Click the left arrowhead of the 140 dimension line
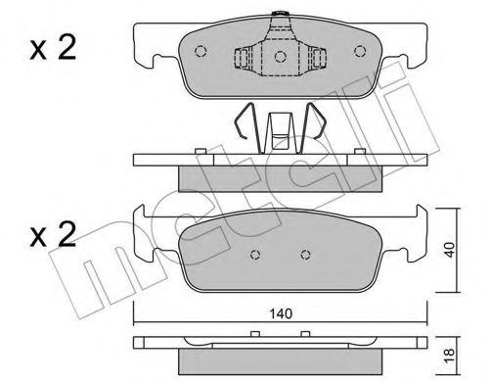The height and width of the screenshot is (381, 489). [x=138, y=324]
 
